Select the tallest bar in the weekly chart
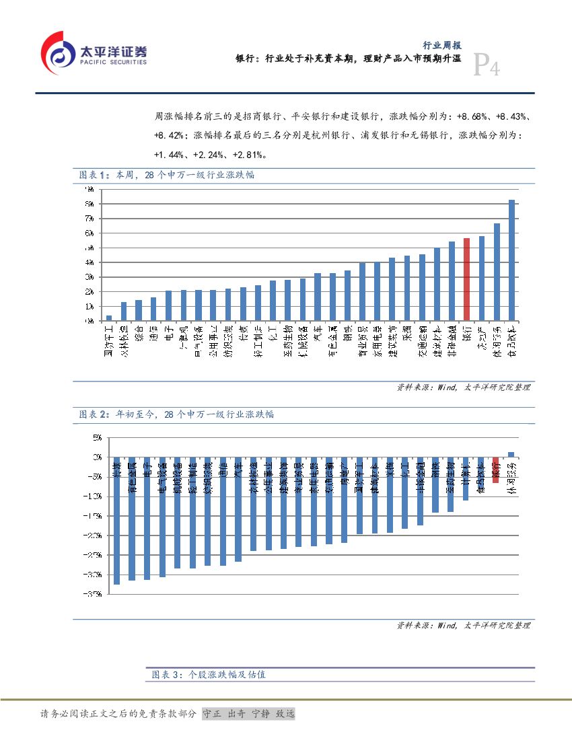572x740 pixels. click(511, 260)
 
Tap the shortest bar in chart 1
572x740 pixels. click(109, 318)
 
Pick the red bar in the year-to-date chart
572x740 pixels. click(495, 470)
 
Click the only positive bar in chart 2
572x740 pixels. click(511, 454)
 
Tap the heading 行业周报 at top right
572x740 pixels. click(441, 45)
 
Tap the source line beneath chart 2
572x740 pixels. click(463, 626)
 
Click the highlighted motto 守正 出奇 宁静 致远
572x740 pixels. click(248, 714)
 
